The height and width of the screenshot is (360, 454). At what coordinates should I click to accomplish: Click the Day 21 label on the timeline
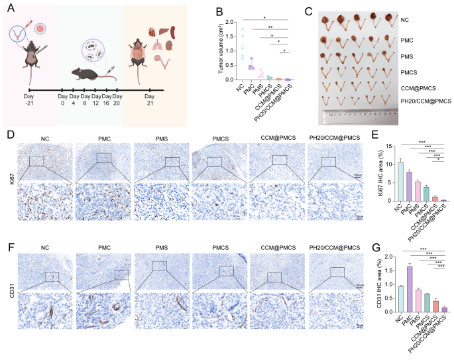click(150, 104)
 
